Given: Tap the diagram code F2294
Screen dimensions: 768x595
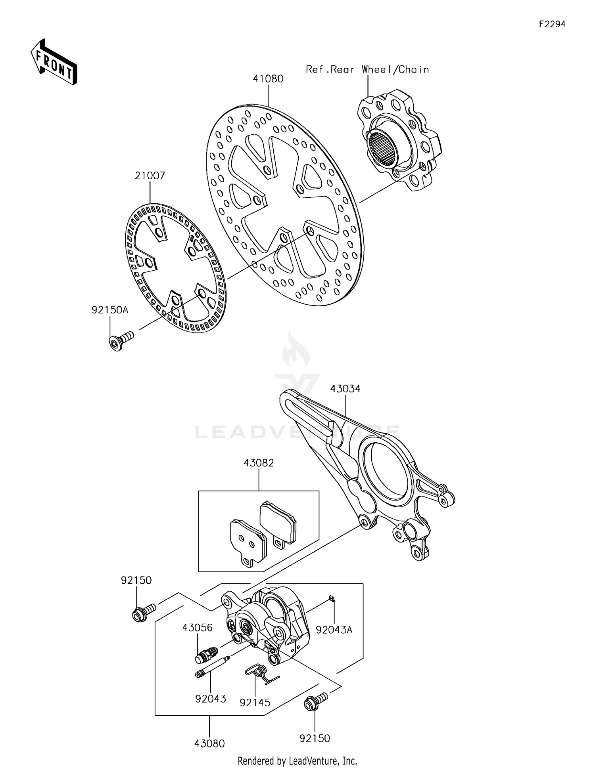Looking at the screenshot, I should pyautogui.click(x=552, y=24).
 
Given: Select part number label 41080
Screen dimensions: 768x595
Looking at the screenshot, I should pyautogui.click(x=268, y=79).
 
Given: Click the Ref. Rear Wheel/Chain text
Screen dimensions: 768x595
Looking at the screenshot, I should pyautogui.click(x=367, y=70).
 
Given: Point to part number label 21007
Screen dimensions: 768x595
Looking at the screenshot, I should pyautogui.click(x=150, y=176).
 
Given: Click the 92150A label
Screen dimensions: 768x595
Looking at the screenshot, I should pyautogui.click(x=110, y=310).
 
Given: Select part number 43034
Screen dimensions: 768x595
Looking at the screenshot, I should pyautogui.click(x=345, y=389).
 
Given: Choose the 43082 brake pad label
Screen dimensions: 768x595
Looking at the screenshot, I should pyautogui.click(x=259, y=463).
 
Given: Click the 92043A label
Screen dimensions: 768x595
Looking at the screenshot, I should pyautogui.click(x=334, y=630).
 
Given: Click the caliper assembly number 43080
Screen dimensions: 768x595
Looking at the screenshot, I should pyautogui.click(x=209, y=743).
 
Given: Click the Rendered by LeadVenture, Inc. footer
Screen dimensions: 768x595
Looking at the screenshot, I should pyautogui.click(x=297, y=760).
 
